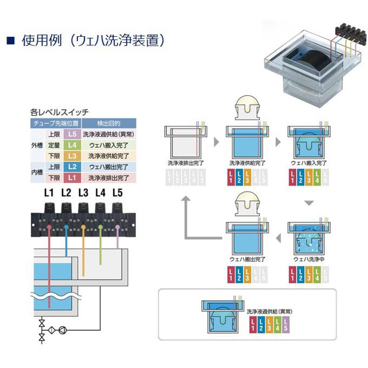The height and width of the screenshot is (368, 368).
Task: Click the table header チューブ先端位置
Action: (56, 124)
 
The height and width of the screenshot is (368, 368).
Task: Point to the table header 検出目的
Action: (108, 124)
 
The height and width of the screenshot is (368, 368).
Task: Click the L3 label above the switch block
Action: (83, 193)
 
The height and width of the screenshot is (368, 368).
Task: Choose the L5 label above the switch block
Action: (118, 193)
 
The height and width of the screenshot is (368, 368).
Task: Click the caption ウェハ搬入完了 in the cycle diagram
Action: (309, 163)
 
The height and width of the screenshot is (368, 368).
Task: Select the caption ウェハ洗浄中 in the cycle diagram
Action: (309, 259)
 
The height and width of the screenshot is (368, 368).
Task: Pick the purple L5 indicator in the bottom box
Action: (286, 324)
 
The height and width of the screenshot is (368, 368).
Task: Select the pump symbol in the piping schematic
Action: (63, 329)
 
